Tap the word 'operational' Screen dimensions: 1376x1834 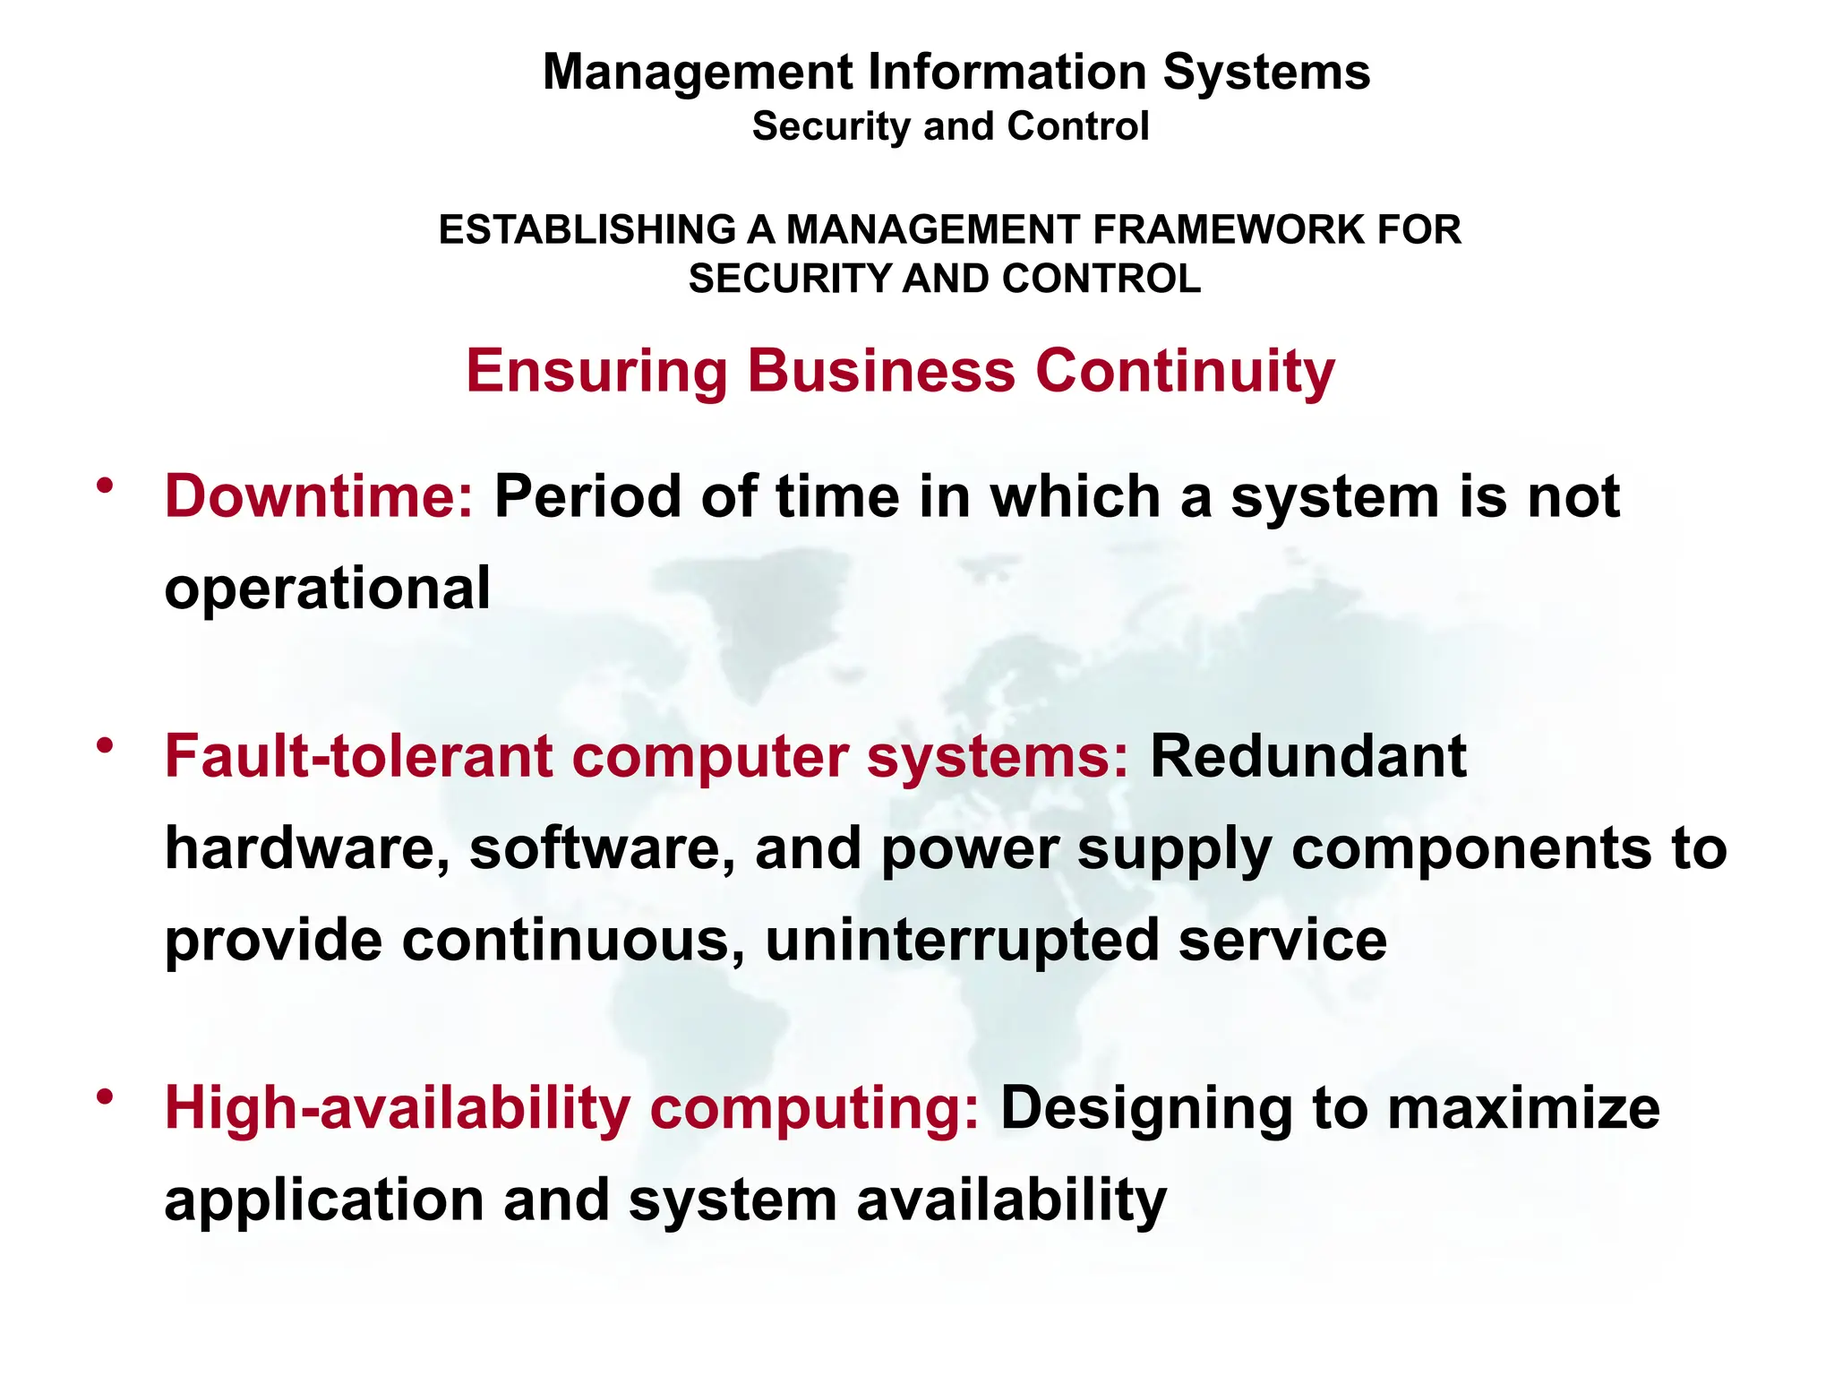pyautogui.click(x=327, y=589)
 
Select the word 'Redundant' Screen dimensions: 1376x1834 pyautogui.click(x=1307, y=756)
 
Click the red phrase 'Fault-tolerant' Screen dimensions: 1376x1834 pyautogui.click(x=358, y=756)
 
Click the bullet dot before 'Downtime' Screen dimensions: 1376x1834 pyautogui.click(x=106, y=486)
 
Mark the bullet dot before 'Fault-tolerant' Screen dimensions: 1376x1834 pyautogui.click(x=106, y=745)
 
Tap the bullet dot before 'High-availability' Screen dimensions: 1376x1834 pyautogui.click(x=106, y=1097)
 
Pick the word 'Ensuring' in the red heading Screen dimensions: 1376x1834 pyautogui.click(x=596, y=372)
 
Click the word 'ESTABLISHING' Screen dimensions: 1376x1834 pyautogui.click(x=587, y=230)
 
